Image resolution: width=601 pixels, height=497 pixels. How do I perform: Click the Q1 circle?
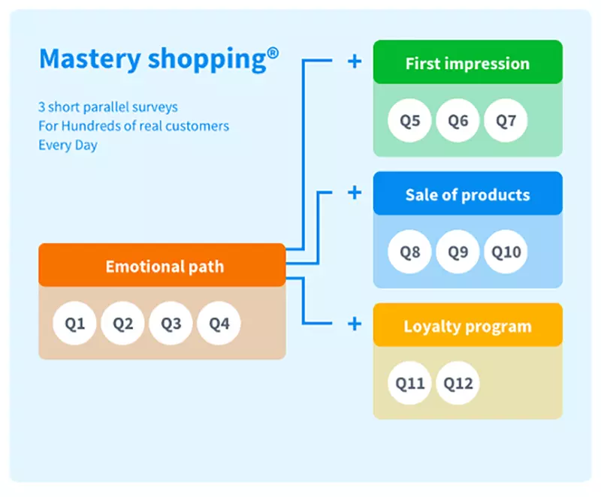[74, 323]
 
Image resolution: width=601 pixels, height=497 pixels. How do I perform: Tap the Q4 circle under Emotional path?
[219, 323]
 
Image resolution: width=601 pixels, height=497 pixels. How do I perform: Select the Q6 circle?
[458, 121]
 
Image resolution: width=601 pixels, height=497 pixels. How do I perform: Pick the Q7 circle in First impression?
[506, 121]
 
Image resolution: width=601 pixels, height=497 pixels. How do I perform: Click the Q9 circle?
[458, 252]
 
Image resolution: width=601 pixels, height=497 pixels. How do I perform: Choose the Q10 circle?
[506, 252]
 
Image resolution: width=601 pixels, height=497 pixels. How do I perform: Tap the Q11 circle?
[409, 383]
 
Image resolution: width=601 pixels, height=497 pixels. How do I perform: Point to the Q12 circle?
[458, 383]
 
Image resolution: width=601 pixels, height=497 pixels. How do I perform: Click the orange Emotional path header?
[162, 265]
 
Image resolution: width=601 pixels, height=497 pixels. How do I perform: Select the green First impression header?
[467, 62]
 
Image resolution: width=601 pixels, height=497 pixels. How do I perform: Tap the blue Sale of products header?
[467, 194]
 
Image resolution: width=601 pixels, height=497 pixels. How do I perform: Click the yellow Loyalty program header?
[467, 324]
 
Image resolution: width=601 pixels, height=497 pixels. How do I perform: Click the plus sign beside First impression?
[355, 62]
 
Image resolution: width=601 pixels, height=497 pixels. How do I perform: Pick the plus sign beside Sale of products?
[355, 193]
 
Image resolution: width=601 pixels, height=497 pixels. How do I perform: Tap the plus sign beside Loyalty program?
[355, 324]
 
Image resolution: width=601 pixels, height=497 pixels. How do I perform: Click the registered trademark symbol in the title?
[273, 53]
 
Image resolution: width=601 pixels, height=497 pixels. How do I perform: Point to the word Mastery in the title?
[90, 59]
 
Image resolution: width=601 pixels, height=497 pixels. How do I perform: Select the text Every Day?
[68, 146]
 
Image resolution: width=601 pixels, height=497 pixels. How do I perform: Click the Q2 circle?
[122, 323]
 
